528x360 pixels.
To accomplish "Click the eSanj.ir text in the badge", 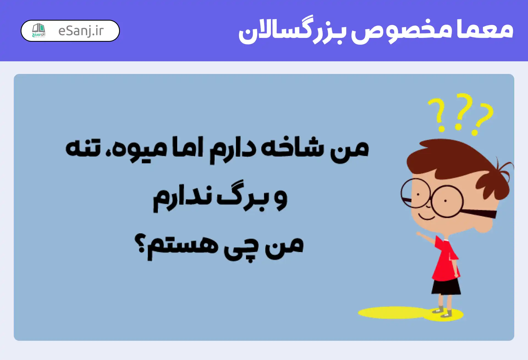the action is click(x=81, y=31).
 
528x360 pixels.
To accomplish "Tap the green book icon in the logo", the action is click(x=38, y=28).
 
